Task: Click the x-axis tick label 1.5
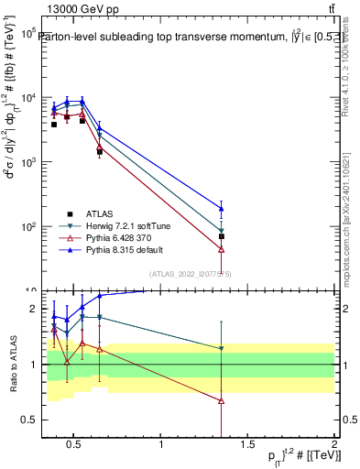[x=247, y=446]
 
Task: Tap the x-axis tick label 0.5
[x=76, y=446]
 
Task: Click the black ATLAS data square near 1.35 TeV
[x=222, y=236]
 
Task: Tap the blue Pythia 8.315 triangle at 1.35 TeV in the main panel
[x=222, y=208]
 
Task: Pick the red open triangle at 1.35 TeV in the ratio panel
[x=222, y=400]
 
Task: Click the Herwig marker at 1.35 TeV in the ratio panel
[x=222, y=348]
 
